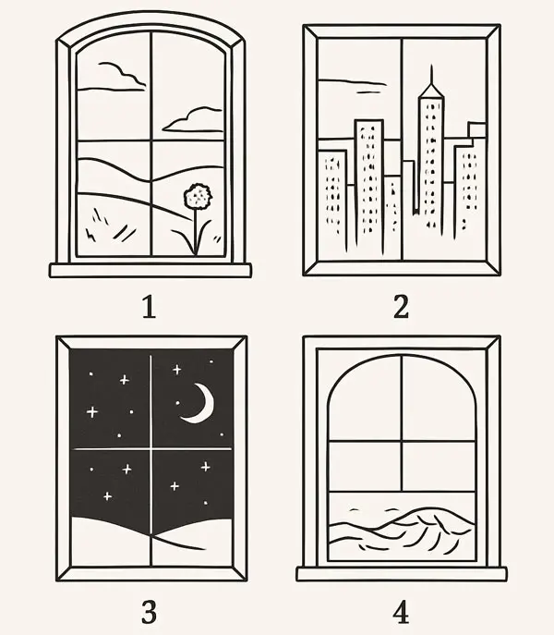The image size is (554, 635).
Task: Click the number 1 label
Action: point(149,307)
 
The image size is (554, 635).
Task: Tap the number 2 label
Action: point(401,307)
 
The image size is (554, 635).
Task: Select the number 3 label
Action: point(149,612)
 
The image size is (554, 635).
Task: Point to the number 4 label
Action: point(401,612)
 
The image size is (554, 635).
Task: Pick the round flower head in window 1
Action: point(198,196)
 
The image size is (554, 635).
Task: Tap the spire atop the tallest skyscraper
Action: point(431,77)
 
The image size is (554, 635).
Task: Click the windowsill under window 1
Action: point(151,270)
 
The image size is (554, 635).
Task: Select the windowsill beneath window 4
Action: point(401,574)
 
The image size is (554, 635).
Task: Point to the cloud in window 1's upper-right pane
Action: point(193,120)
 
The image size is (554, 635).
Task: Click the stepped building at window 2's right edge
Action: point(469,178)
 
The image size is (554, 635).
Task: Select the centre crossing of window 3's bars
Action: point(151,448)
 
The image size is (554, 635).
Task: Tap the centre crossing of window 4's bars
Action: point(402,441)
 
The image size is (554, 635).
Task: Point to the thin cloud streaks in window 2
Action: point(352,85)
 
